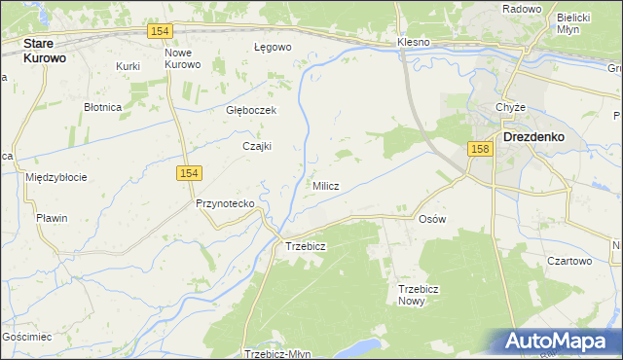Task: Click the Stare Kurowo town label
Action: coord(45,51)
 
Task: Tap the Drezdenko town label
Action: coord(534,137)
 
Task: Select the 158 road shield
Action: coord(478,149)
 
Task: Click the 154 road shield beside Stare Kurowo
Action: coord(162,32)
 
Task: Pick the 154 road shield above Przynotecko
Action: coord(189,172)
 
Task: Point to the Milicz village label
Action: coord(325,186)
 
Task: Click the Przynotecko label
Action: coord(225,203)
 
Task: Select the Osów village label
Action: coord(431,219)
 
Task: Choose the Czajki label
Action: coord(256,146)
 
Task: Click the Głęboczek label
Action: coord(251,110)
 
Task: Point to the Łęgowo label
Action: coord(273,47)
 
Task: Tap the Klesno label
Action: coord(414,44)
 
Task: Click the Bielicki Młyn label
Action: coord(574,23)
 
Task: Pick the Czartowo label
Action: coord(569,261)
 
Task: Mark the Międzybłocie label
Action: coord(56,177)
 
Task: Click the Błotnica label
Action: coord(102,106)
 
